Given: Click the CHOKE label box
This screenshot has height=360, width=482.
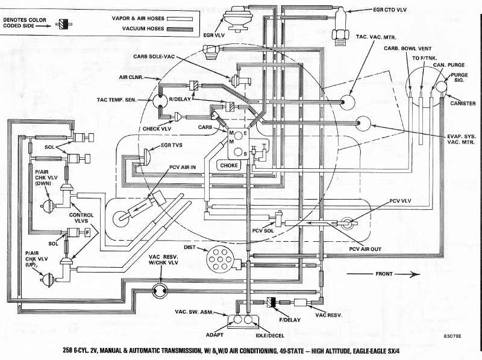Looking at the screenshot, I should tap(229, 165).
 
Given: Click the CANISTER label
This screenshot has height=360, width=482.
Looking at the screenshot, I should tap(463, 103).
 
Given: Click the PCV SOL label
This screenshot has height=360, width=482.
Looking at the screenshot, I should tap(263, 230).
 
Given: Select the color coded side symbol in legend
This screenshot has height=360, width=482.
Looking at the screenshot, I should tap(61, 24).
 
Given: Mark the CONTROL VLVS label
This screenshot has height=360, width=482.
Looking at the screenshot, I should tap(84, 218).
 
